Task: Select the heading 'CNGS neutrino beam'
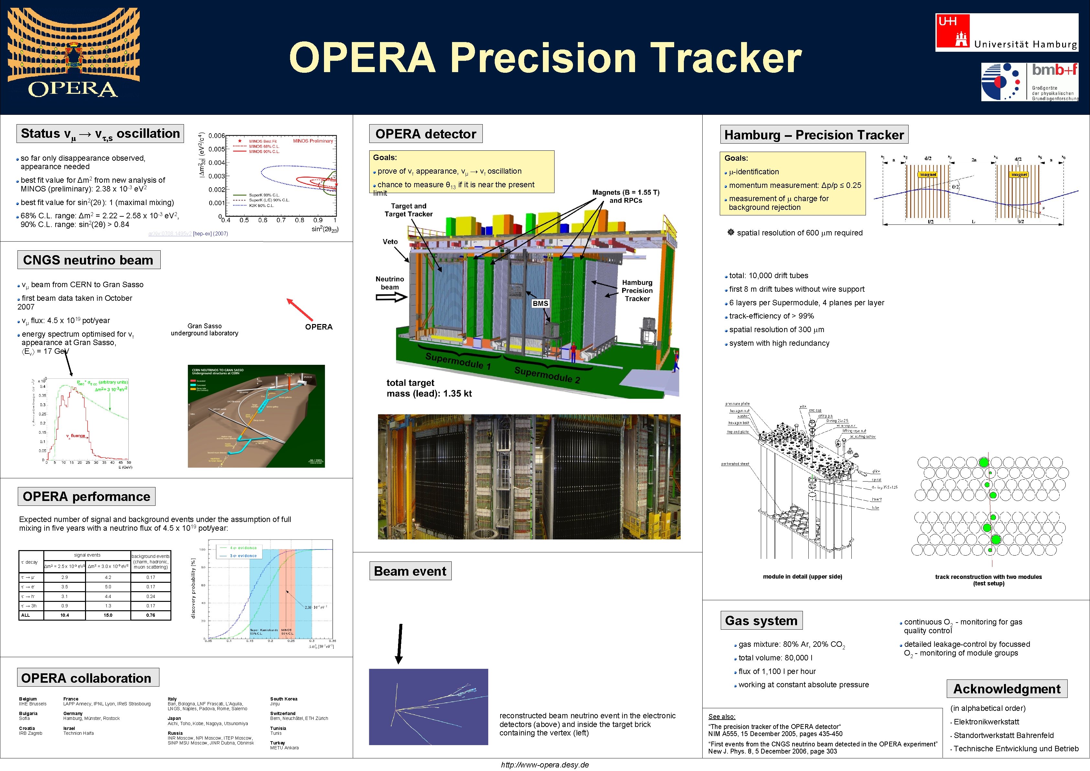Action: tap(88, 260)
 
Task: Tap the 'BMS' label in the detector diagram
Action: tap(540, 303)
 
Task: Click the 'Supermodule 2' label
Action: tap(547, 375)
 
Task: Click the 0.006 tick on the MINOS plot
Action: tap(217, 136)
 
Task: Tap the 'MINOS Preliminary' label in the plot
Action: tap(313, 141)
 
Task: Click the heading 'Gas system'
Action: tap(761, 621)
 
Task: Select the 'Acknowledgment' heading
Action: tap(1007, 689)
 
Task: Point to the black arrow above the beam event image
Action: tap(400, 643)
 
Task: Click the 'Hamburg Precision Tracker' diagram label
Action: tap(637, 290)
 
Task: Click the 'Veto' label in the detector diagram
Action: tap(390, 242)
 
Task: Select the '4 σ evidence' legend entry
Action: tap(243, 548)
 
